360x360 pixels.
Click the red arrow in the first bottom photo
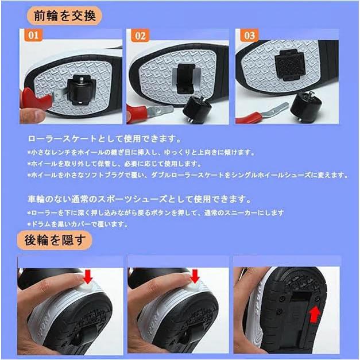(x=88, y=278)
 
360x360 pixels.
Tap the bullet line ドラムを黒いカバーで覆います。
(x=80, y=224)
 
